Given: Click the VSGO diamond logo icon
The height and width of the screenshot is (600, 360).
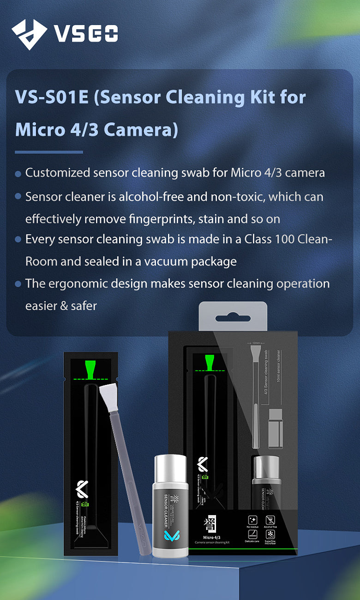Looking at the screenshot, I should coord(29,34).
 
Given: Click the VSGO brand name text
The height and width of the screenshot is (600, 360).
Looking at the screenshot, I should coord(86,34).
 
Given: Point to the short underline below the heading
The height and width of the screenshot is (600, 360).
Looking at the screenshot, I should coord(49,152).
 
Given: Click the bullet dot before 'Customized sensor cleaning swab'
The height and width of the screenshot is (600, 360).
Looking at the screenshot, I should coord(18,174).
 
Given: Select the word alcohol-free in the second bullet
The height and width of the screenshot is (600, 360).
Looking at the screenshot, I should coord(150,197).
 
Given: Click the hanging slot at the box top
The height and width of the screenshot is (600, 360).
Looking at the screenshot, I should coord(233,318).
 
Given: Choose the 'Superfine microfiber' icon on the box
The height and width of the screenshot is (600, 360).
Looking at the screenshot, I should coord(271,535).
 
